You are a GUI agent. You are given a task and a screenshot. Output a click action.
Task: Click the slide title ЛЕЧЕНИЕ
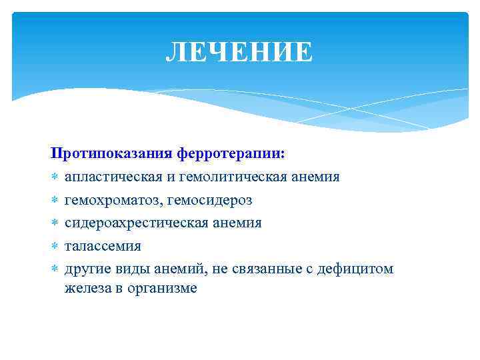coord(239,52)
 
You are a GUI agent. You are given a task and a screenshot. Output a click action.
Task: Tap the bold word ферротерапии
coord(231,154)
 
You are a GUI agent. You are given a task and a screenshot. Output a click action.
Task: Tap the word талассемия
coord(103,246)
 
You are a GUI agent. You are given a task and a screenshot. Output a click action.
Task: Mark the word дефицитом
coord(357,269)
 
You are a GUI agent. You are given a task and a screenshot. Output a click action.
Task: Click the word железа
coord(86,289)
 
